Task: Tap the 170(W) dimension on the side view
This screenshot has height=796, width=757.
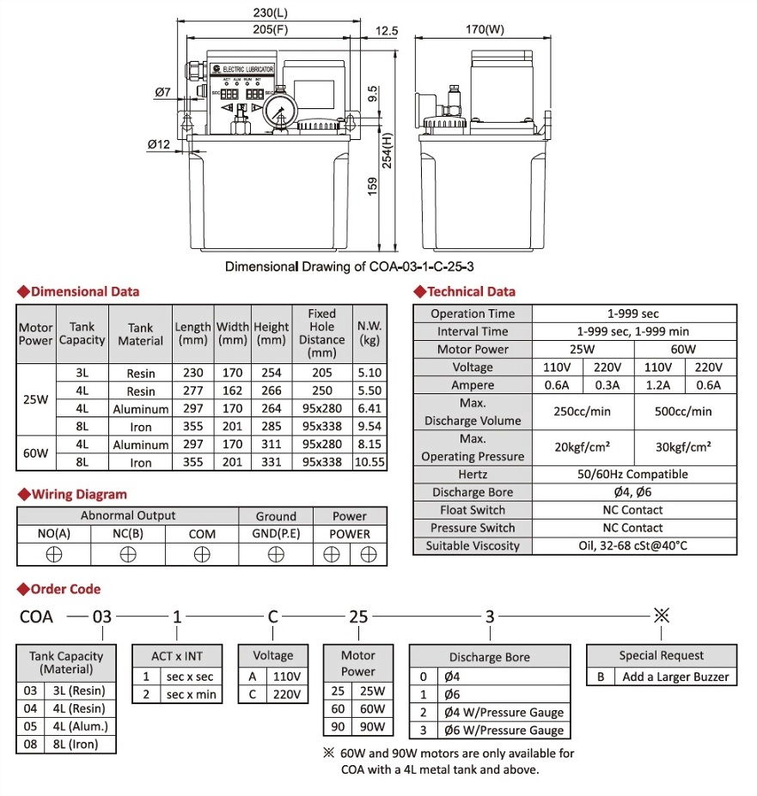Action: point(485,30)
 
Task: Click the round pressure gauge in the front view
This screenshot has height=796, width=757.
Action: point(280,110)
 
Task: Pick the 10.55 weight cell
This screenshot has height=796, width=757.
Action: point(371,463)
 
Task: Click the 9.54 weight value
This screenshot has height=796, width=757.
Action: point(371,427)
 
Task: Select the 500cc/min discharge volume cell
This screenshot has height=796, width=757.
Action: point(685,411)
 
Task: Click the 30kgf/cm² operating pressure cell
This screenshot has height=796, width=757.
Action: point(685,447)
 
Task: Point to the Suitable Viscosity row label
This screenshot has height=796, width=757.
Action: point(473,546)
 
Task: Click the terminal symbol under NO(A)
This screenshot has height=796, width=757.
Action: point(54,554)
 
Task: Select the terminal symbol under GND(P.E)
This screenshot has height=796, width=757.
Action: point(276,554)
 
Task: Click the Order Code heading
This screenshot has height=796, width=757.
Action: point(65,589)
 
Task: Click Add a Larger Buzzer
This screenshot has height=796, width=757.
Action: point(675,677)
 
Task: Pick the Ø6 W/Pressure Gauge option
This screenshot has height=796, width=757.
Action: point(504,731)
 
